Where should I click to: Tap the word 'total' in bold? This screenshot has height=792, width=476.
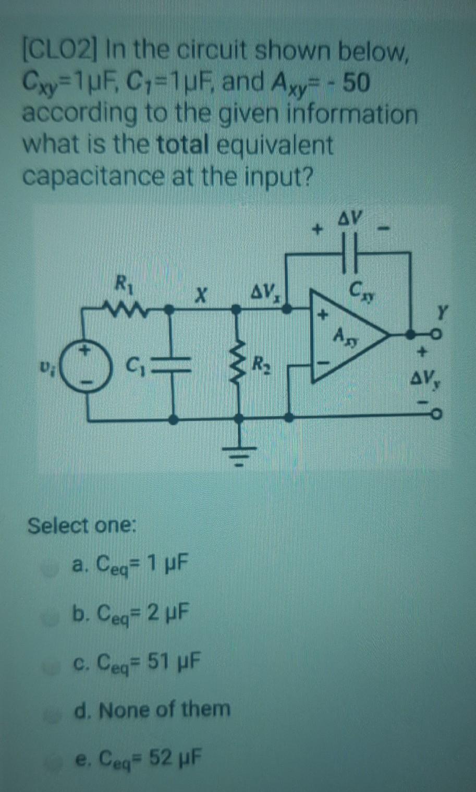(x=181, y=145)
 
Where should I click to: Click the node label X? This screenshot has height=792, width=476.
(x=198, y=297)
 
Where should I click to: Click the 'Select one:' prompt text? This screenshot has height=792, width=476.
(x=81, y=525)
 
